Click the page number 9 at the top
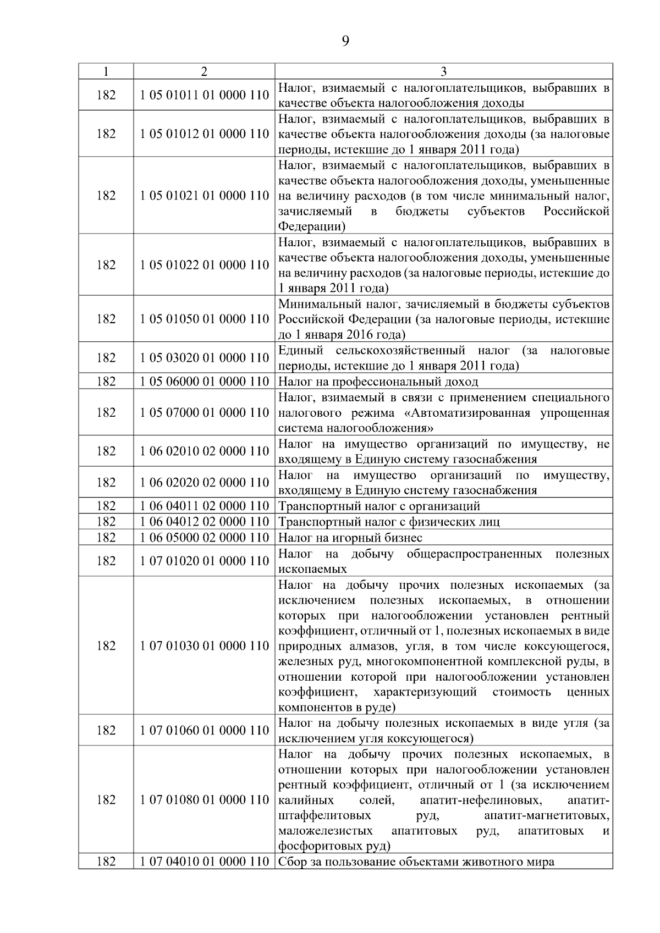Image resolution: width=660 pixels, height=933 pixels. point(345,41)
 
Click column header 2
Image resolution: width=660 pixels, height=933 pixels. point(204,71)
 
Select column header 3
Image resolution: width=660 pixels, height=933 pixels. point(443,71)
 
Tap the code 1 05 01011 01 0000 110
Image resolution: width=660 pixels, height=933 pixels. point(204,95)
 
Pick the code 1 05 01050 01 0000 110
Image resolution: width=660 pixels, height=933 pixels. point(204,319)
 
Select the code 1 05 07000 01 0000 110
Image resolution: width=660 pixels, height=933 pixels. point(204,412)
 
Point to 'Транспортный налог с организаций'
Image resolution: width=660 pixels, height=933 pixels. point(380,506)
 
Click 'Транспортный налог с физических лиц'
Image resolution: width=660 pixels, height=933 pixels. point(389,522)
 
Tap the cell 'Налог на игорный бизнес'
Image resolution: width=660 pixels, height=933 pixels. point(350,537)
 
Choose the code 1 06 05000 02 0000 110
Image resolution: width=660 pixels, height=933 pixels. point(204,537)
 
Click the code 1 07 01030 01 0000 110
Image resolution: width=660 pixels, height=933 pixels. point(204,645)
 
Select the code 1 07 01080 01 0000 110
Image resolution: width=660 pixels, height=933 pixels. point(204,799)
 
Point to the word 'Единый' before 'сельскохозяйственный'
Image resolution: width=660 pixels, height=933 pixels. point(296,350)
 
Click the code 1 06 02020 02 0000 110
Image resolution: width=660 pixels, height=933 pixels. point(204,482)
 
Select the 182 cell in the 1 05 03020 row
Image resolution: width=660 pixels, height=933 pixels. point(106,358)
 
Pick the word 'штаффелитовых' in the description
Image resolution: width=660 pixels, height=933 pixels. point(324,815)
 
